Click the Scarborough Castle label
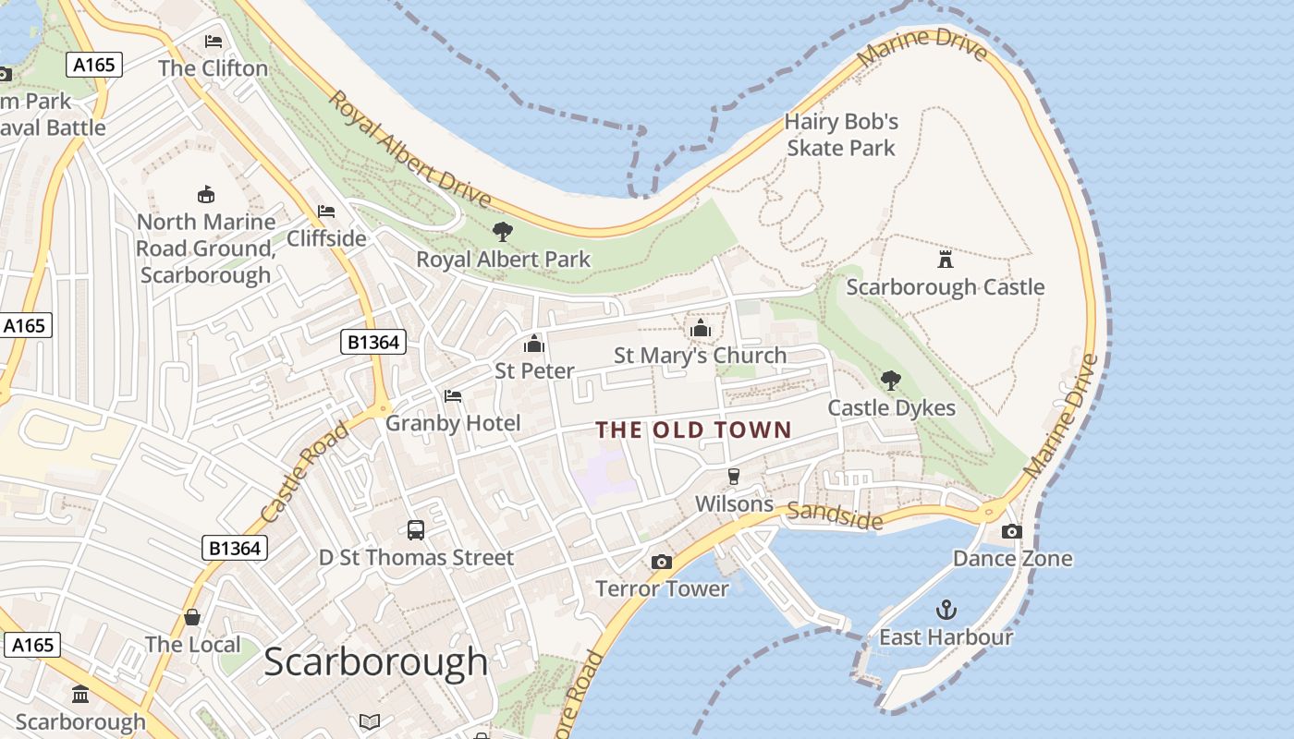946,287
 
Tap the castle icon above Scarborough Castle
945,259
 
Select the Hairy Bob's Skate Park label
841,135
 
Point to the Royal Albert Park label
503,260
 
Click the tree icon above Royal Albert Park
503,231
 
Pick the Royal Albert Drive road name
409,149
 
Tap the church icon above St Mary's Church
700,328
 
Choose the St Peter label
534,371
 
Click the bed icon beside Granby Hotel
453,395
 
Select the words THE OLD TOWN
693,430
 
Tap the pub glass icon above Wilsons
734,477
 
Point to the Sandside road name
835,515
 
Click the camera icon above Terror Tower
661,562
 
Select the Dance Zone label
1012,559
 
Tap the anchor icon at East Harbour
946,609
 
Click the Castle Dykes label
891,408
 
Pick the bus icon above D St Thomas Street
416,530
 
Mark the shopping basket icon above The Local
192,617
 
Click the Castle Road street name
304,472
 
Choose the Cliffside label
326,238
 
